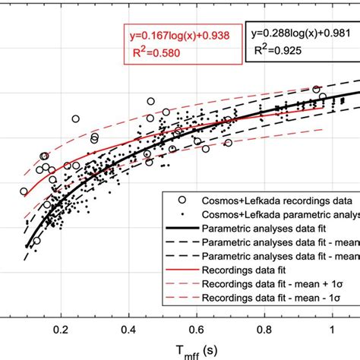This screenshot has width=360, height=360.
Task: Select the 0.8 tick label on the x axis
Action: tap(264, 331)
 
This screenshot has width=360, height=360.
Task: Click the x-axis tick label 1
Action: tap(332, 331)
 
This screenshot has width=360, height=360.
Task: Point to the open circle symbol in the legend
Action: tap(180, 201)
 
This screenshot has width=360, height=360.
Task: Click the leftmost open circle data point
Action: tap(24, 191)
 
